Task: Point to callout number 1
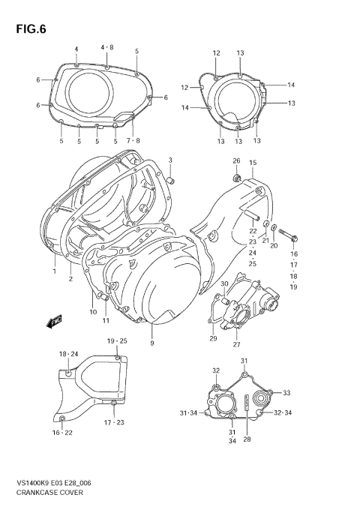pyautogui.click(x=55, y=271)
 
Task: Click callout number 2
pyautogui.click(x=70, y=279)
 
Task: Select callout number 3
pyautogui.click(x=170, y=160)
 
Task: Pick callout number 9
pyautogui.click(x=151, y=343)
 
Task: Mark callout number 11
pyautogui.click(x=106, y=320)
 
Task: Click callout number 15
pyautogui.click(x=253, y=163)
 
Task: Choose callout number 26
pyautogui.click(x=235, y=161)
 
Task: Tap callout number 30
pyautogui.click(x=224, y=283)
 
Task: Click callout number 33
pyautogui.click(x=286, y=392)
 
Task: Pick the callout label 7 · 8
pyautogui.click(x=133, y=139)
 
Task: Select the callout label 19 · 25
pyautogui.click(x=116, y=341)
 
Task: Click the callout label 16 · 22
pyautogui.click(x=61, y=433)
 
